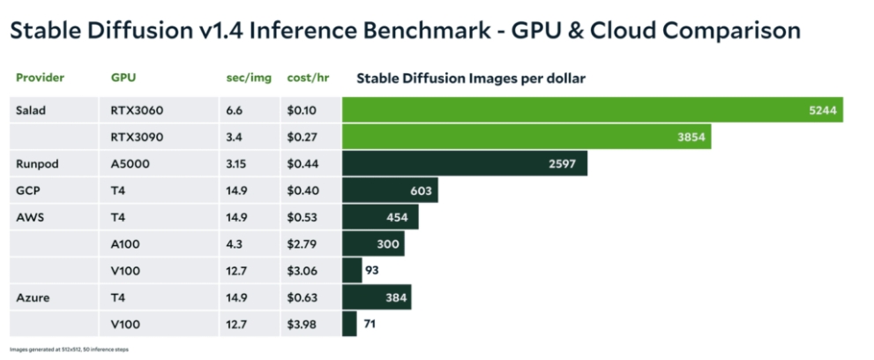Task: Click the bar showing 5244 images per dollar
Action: tap(592, 110)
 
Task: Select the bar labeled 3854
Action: tap(526, 137)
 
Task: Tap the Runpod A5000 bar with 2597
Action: tap(464, 164)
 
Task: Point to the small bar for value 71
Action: tap(349, 324)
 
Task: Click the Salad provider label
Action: tap(31, 110)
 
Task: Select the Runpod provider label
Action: tap(36, 164)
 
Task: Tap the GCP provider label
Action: tap(27, 191)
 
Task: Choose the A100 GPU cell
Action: tap(124, 244)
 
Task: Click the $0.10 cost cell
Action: tap(303, 110)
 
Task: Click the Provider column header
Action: tap(40, 78)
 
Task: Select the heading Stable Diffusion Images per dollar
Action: tap(471, 78)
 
